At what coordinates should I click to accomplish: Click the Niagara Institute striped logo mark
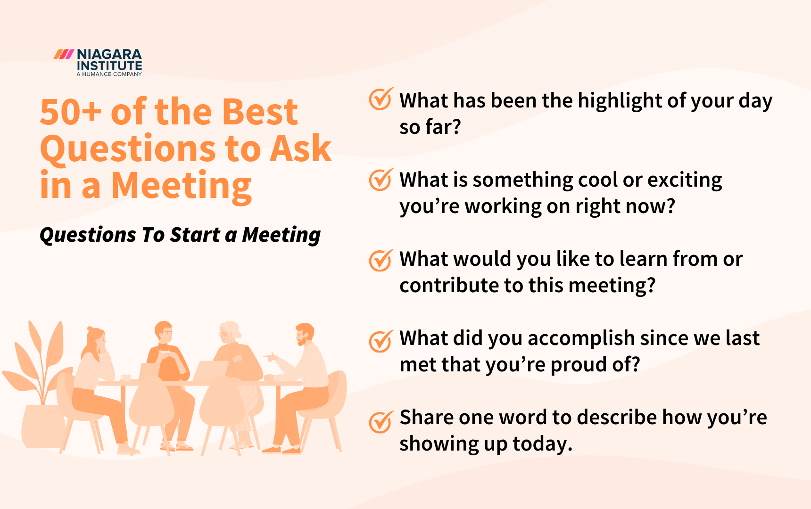coord(64,54)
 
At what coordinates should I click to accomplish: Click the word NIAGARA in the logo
coord(109,54)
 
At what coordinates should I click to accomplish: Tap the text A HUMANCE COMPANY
coord(109,74)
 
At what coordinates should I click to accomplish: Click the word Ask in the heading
coord(300,149)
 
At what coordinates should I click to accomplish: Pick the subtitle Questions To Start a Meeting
coord(180,235)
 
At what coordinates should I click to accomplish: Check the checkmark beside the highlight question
coord(380,99)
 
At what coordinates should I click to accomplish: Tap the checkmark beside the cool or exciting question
coord(380,180)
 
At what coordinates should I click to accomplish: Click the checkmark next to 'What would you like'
coord(380,260)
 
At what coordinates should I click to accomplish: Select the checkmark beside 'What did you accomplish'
coord(380,341)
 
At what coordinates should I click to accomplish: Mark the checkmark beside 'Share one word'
coord(380,421)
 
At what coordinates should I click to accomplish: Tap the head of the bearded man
coord(304,334)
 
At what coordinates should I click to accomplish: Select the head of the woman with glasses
coord(230,332)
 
